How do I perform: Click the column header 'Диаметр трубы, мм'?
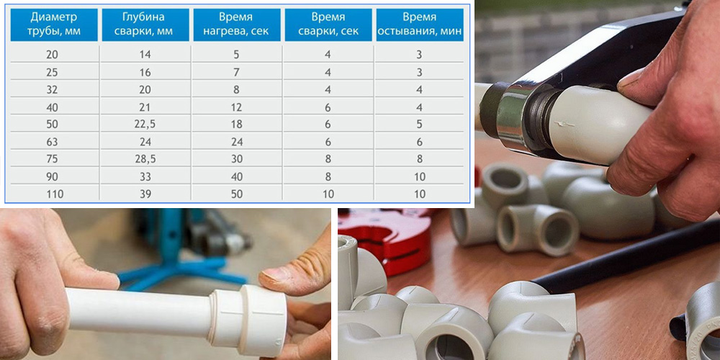point(54,24)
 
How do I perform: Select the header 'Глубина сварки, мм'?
point(145,24)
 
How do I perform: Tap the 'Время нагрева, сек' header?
point(236,24)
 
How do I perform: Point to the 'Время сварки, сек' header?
point(328,24)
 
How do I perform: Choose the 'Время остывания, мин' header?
point(419,24)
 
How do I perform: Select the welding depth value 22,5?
point(145,124)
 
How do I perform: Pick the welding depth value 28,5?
point(145,159)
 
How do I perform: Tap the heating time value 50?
point(236,194)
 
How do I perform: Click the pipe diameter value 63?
point(53,142)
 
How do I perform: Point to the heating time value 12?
point(236,107)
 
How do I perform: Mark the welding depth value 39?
point(145,194)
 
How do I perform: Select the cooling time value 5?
point(419,124)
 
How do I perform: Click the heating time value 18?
point(236,124)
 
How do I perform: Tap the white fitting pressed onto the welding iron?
point(597,125)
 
